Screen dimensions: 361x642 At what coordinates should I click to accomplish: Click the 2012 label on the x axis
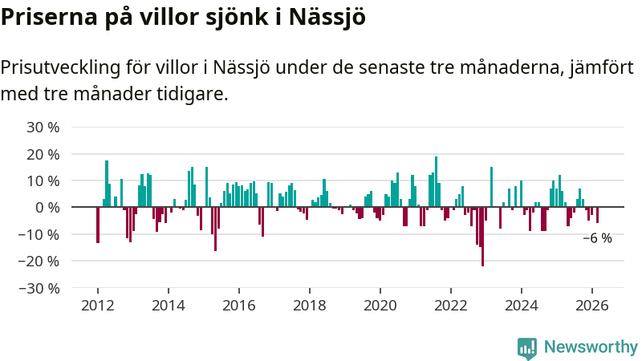97,305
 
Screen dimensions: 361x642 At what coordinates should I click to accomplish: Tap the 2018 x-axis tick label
310,305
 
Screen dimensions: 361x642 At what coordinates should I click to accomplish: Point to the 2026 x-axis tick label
592,305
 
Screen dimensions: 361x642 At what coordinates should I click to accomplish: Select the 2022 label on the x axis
451,305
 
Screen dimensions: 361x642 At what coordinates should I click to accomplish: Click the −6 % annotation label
597,238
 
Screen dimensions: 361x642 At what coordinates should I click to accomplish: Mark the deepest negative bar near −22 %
482,237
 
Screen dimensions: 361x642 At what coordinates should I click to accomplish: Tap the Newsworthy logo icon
527,347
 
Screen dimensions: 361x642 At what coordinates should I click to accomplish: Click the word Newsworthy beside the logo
591,347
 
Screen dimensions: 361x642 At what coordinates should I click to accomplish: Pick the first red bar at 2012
98,225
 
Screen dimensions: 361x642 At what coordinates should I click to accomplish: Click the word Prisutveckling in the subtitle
60,67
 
